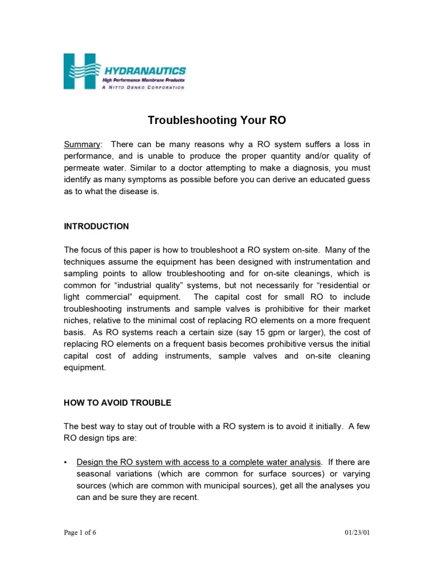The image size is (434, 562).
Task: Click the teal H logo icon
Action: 80,71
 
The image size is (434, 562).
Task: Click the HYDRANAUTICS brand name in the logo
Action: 145,71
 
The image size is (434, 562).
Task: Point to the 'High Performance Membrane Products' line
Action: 144,80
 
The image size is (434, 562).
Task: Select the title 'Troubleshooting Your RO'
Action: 217,120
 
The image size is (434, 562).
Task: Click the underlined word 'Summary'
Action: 82,144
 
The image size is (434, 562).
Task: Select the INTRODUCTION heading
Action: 97,226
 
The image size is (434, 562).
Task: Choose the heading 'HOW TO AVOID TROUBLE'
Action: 117,403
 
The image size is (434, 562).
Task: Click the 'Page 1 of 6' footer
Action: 80,533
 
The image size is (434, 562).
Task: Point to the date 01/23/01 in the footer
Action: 357,533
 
